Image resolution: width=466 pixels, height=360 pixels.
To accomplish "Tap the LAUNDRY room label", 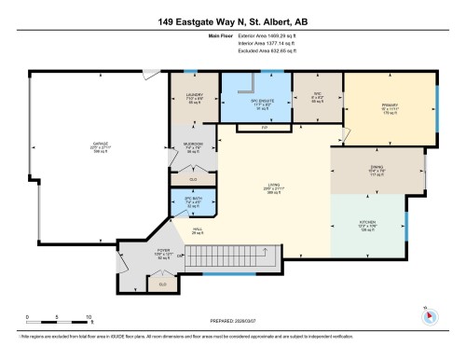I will point(194,92).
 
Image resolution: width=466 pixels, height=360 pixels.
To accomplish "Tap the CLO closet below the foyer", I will point(162,284).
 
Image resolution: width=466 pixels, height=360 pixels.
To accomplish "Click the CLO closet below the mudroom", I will point(193,178).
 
